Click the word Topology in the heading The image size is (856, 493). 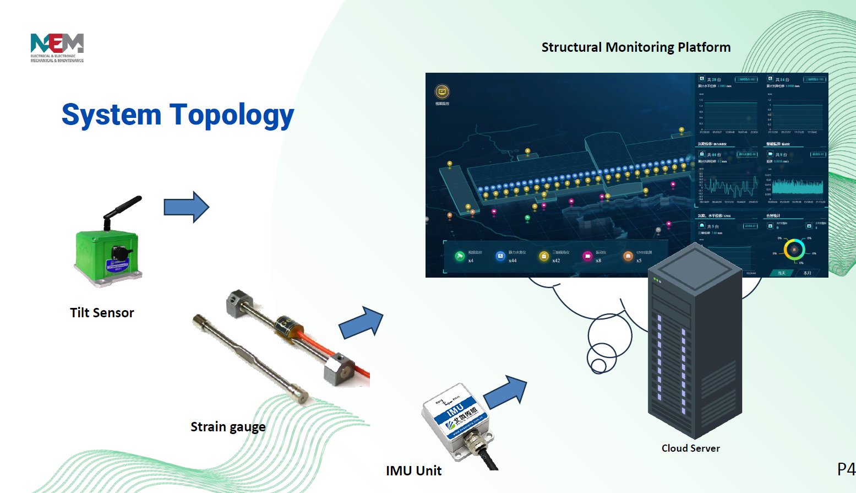tap(232, 116)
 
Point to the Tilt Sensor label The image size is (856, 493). tap(102, 313)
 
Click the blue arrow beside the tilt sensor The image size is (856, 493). tap(186, 207)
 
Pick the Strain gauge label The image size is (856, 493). tap(228, 427)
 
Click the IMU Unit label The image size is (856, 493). tap(413, 471)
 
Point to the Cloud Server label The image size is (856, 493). tap(690, 448)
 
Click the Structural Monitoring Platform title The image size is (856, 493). tap(636, 47)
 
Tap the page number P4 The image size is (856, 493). tap(846, 469)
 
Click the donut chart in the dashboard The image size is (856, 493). tap(794, 250)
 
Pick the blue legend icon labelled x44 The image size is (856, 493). tap(500, 256)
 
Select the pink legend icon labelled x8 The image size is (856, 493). tap(587, 256)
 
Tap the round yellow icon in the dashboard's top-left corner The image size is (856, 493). tap(442, 91)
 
